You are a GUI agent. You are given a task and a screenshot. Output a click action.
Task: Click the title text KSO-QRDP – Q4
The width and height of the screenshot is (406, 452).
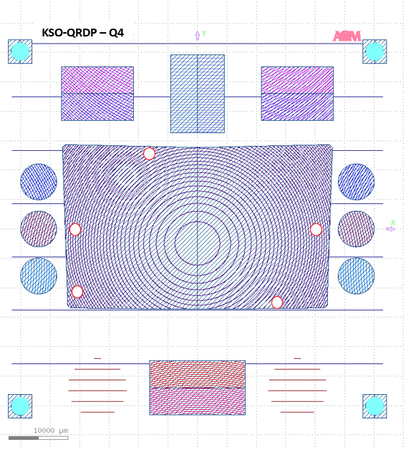83,33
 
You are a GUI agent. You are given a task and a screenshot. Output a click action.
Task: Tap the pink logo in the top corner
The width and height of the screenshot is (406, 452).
347,36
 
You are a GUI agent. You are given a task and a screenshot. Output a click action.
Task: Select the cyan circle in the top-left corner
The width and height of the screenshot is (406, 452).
20,51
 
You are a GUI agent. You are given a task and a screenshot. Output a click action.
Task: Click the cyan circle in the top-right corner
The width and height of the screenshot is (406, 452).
374,51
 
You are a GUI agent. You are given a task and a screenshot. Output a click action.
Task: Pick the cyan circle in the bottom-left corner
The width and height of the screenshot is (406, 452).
20,406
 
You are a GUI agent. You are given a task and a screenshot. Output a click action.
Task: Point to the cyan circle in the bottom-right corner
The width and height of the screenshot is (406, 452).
374,406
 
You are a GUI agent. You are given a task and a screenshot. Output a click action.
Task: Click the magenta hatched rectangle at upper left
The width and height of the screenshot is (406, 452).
97,93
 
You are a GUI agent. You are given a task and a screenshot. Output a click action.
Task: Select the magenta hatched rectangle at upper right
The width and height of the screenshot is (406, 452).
297,93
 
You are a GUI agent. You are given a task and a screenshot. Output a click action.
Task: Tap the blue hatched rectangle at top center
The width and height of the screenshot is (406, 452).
197,93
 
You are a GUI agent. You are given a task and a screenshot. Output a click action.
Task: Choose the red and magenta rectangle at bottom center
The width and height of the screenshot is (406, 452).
197,388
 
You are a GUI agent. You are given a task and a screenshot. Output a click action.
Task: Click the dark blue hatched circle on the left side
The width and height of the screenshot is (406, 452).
39,182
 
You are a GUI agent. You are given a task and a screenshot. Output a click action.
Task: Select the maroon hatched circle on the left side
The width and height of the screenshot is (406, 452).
39,229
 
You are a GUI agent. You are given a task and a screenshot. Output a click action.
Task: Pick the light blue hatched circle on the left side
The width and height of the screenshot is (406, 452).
39,276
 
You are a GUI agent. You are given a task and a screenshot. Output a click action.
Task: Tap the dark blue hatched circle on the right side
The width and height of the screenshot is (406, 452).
356,182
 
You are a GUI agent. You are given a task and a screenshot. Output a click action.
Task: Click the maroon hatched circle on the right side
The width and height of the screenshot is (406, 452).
356,229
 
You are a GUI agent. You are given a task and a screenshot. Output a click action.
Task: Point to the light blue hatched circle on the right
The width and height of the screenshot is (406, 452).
356,276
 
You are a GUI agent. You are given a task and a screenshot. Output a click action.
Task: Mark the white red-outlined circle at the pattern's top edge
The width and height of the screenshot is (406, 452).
149,154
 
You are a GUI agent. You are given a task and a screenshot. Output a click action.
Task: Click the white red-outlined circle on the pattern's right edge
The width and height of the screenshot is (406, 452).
316,230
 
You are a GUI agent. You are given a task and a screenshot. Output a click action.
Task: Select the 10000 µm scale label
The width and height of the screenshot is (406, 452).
50,430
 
